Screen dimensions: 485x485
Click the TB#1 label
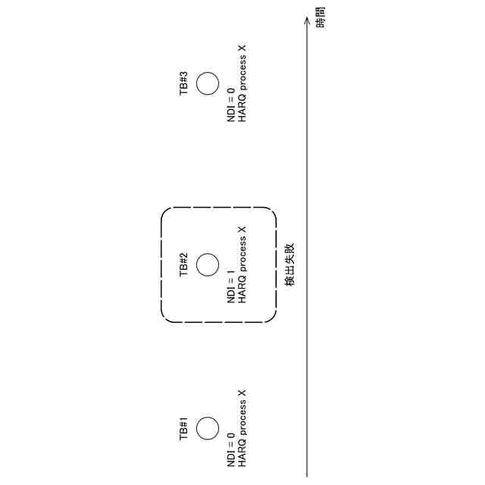point(183,429)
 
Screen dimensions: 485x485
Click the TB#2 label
point(183,265)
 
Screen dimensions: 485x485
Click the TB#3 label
point(183,83)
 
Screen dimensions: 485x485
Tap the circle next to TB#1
point(208,428)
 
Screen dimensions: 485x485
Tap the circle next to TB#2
point(208,265)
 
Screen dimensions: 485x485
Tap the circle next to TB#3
point(208,83)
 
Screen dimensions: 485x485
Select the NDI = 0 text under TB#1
point(231,448)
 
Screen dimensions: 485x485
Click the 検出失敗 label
point(290,265)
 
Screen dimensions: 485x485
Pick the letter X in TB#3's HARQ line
point(242,48)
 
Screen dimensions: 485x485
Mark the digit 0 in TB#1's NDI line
point(231,435)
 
